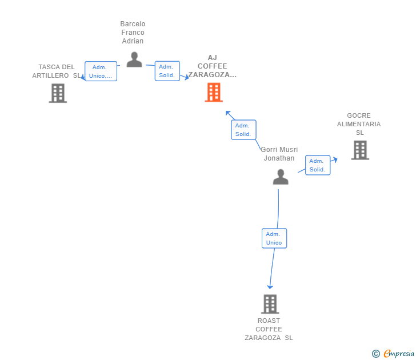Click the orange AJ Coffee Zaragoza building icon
coord(214,93)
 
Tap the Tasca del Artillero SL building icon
coord(58,93)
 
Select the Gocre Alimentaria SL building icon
coord(359,150)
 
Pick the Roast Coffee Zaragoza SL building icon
coord(270,304)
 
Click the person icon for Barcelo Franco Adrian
coord(134,59)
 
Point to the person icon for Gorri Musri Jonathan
coord(281,177)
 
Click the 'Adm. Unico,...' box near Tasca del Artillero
coord(101,71)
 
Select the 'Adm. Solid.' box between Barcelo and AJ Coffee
coord(167,71)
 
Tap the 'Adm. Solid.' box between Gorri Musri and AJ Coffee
coord(243,130)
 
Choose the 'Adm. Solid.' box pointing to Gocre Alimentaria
coord(317,165)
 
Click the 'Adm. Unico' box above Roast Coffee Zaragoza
coord(274,238)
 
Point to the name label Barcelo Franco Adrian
coord(133,33)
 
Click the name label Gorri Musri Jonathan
coord(279,154)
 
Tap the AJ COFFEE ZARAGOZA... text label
coord(213,66)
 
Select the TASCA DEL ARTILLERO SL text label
coord(56,71)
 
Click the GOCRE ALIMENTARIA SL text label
coord(359,124)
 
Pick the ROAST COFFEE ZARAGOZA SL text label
coord(269,329)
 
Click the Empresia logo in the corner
coord(399,354)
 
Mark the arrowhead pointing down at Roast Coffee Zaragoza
coord(270,286)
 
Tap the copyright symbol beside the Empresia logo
coord(376,354)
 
